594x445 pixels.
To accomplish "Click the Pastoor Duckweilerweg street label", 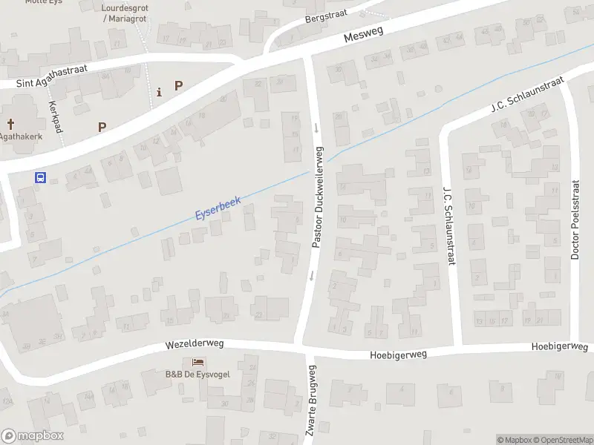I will [x=318, y=197].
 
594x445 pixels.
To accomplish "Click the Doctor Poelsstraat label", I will [x=575, y=220].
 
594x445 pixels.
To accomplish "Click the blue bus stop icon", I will [x=41, y=177].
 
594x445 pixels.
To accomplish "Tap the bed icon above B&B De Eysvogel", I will [x=198, y=362].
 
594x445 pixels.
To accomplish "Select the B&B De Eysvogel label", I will [x=198, y=373].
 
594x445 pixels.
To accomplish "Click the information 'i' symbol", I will [x=159, y=92].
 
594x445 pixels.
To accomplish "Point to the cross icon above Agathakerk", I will [x=11, y=124].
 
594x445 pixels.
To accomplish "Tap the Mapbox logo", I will [x=33, y=436].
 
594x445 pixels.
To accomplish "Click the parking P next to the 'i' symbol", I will [x=178, y=85].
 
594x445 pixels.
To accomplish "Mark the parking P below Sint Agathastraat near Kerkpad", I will [x=102, y=127].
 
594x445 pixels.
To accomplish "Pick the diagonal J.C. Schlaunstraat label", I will [x=527, y=94].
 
